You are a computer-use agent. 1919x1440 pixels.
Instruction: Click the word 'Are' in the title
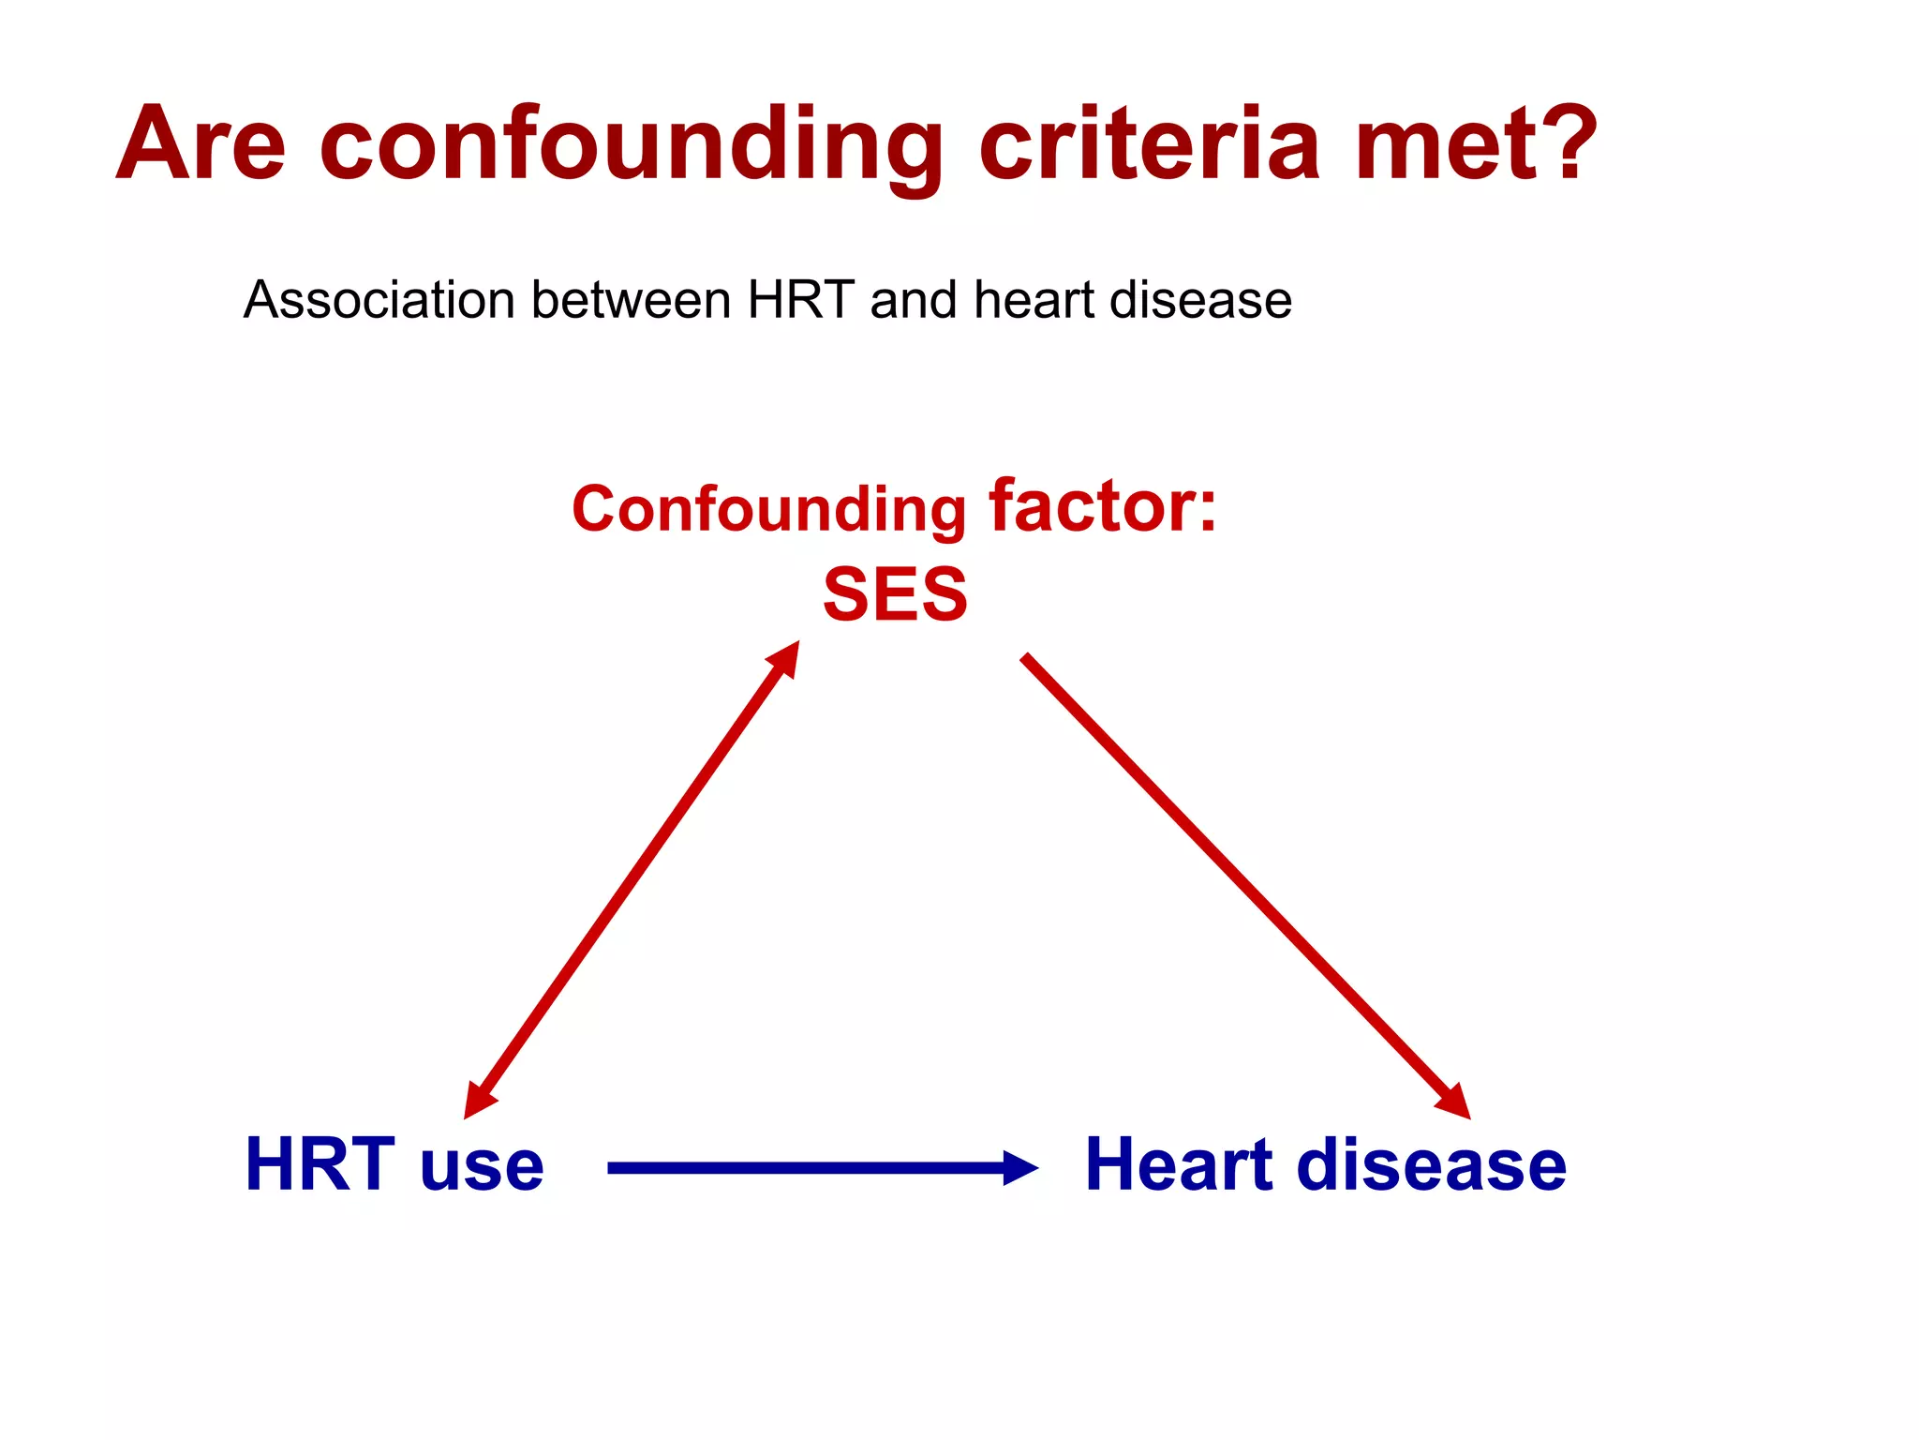pos(201,143)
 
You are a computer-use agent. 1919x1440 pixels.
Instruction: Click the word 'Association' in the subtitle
pos(379,300)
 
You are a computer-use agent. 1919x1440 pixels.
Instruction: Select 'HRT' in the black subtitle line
pos(801,300)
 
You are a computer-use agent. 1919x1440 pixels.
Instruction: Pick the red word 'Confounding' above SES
pos(769,510)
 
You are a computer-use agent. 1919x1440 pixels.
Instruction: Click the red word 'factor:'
pos(1103,506)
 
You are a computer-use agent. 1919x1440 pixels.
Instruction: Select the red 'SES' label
pos(895,594)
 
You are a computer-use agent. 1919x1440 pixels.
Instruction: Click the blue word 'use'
pos(483,1171)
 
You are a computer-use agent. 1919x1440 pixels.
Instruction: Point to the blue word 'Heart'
pos(1180,1164)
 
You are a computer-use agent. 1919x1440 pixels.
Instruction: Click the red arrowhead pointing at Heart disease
pos(1455,1102)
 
